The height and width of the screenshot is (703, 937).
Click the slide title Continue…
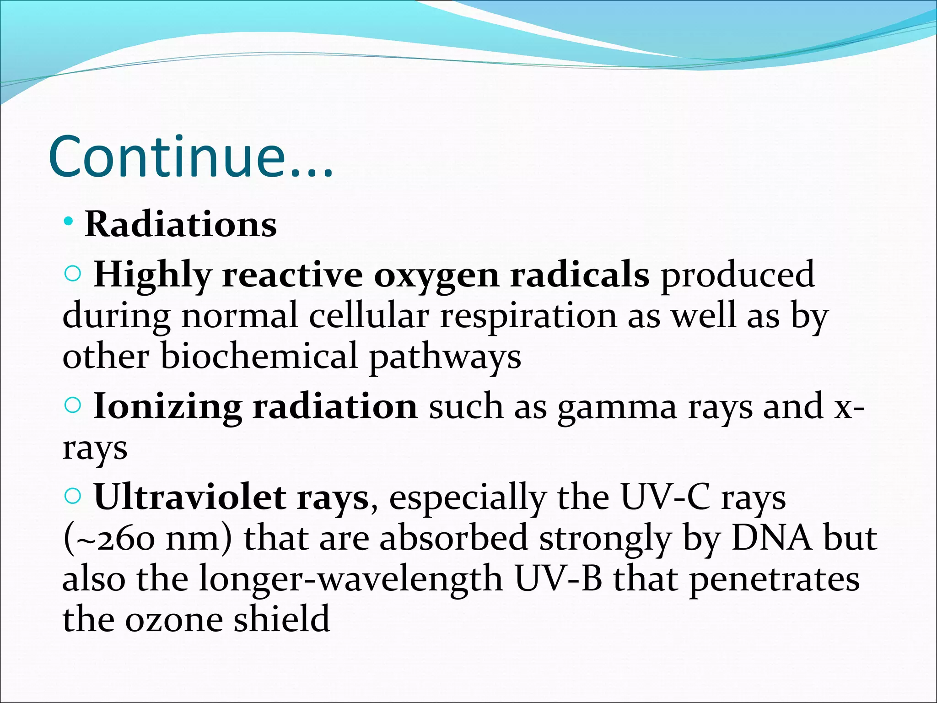pyautogui.click(x=191, y=157)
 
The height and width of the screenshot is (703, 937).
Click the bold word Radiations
pyautogui.click(x=181, y=225)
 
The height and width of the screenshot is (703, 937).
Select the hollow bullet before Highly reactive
pyautogui.click(x=73, y=274)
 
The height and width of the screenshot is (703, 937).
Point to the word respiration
pyautogui.click(x=528, y=316)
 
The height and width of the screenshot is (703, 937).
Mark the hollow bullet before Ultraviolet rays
pyautogui.click(x=73, y=496)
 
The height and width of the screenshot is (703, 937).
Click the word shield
pyautogui.click(x=281, y=619)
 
